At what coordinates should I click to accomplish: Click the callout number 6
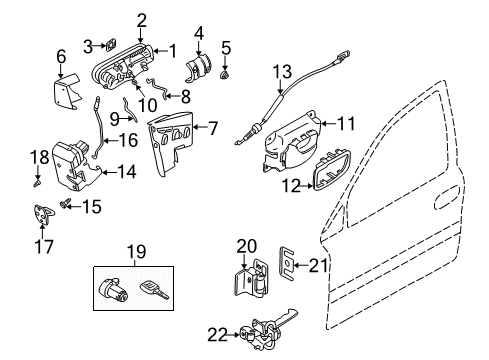pyautogui.click(x=61, y=57)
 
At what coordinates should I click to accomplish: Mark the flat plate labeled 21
pyautogui.click(x=286, y=262)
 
